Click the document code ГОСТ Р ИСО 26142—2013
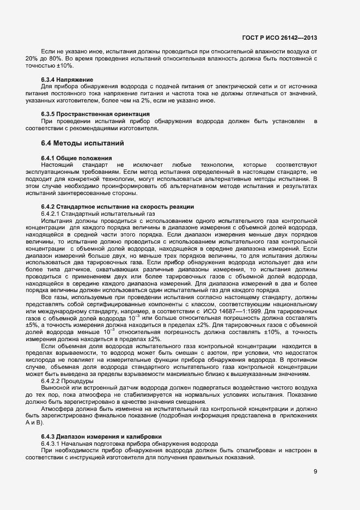(279, 38)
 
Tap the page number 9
(315, 472)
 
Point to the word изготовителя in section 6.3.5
(139, 129)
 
